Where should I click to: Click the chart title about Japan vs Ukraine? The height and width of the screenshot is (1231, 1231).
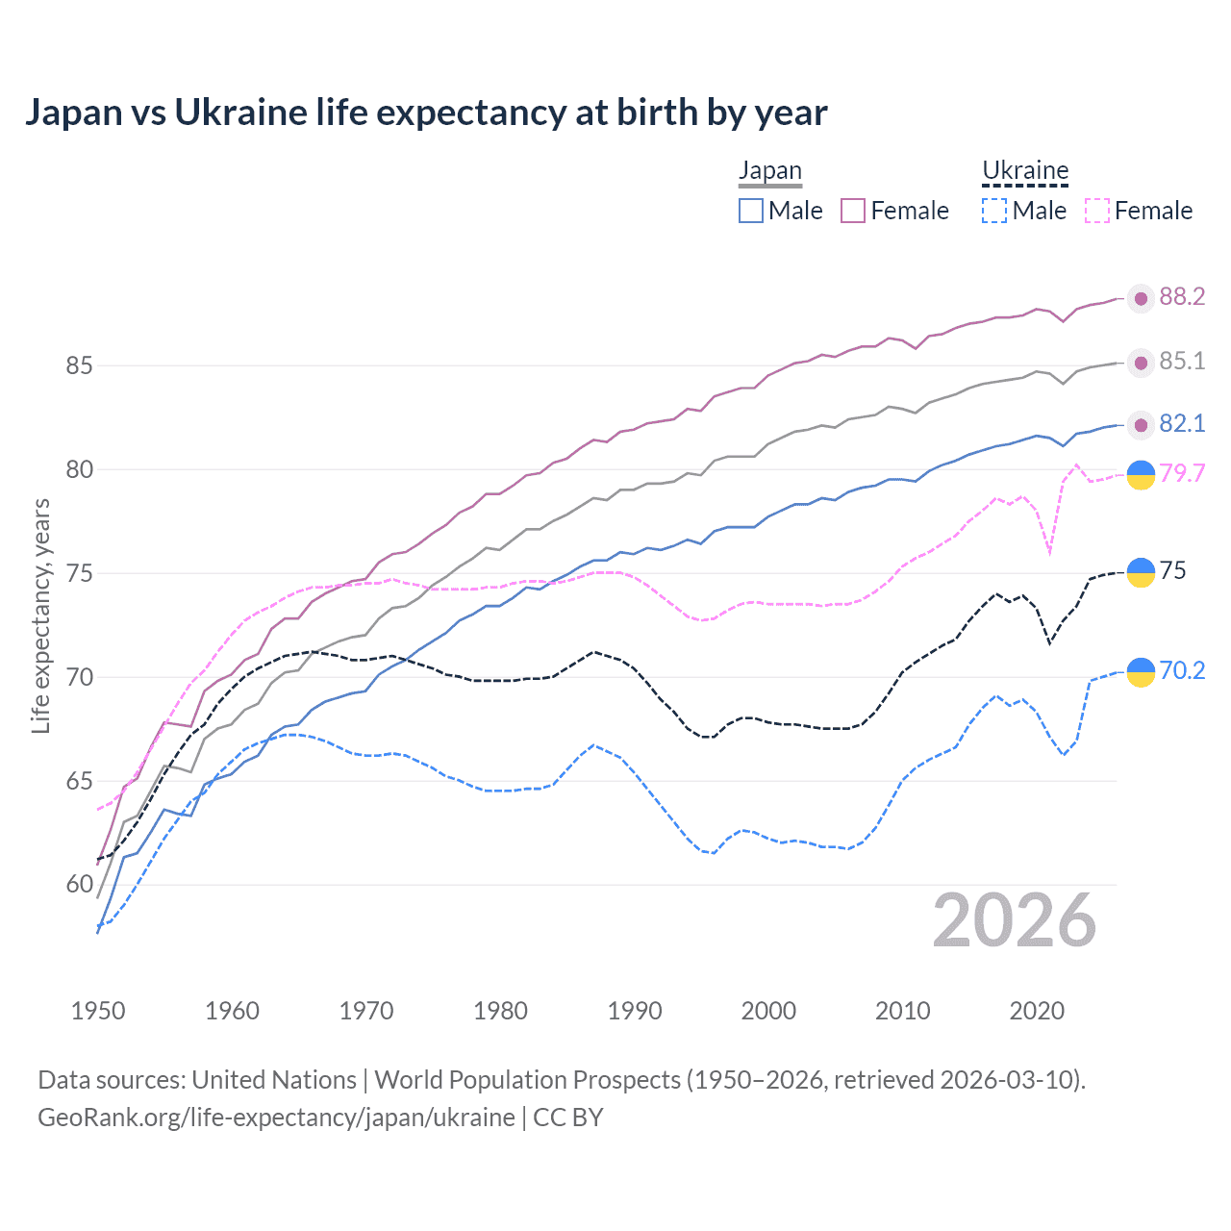(x=425, y=113)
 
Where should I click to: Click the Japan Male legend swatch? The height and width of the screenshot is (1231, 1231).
(x=751, y=211)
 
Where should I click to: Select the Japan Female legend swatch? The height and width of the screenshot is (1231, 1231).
(x=853, y=211)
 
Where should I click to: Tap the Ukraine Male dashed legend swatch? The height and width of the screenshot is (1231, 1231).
(x=994, y=211)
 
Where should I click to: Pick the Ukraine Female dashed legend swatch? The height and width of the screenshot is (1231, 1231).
(x=1097, y=211)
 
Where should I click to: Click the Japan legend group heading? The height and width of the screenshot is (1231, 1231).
(x=769, y=171)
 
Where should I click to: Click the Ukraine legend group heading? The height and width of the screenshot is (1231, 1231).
(x=1025, y=171)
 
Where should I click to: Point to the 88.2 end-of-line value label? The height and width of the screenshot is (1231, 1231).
(x=1182, y=297)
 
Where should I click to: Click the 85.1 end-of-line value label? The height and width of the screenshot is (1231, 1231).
(x=1182, y=362)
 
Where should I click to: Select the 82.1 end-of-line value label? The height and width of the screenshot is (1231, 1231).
(x=1182, y=424)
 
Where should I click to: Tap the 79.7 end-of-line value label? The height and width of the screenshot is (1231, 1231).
(x=1182, y=473)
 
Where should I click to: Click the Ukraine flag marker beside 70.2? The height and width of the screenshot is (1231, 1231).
(x=1141, y=672)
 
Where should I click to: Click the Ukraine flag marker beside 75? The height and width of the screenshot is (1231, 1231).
(x=1141, y=572)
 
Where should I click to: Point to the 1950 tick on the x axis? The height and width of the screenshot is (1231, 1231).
(x=98, y=1011)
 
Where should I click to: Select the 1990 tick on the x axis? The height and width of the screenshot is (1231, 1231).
(x=635, y=1011)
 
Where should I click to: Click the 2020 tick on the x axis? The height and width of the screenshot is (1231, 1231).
(x=1037, y=1011)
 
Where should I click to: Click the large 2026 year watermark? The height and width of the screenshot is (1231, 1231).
(x=1015, y=921)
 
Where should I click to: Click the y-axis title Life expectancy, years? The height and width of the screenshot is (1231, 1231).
(x=41, y=615)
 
